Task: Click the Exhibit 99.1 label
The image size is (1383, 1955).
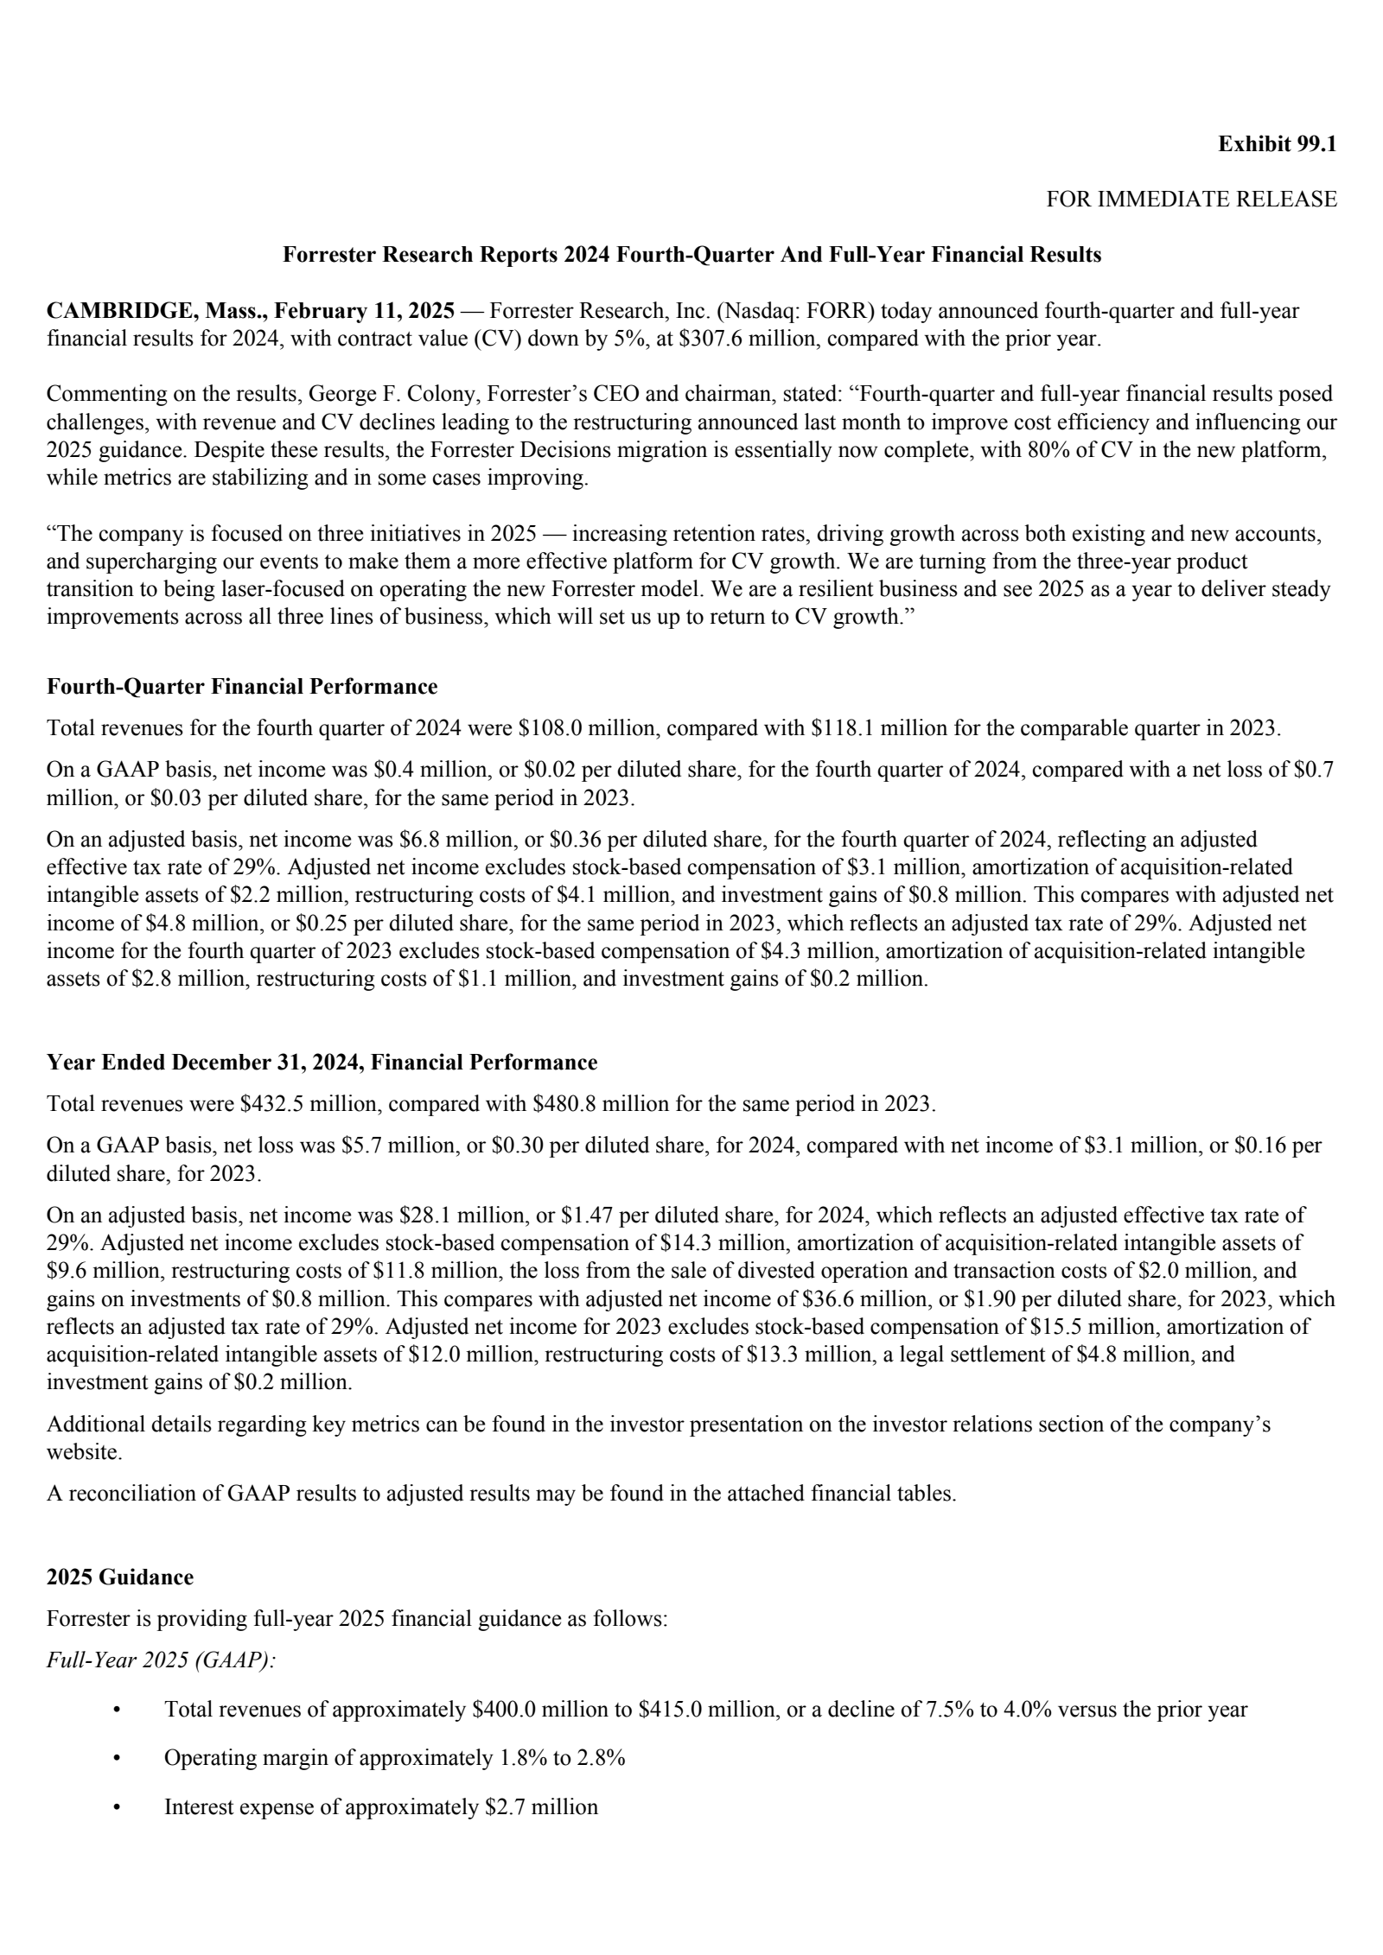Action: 1277,144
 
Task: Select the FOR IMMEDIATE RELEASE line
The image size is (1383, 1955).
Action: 1191,200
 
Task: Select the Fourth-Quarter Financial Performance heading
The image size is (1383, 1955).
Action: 242,687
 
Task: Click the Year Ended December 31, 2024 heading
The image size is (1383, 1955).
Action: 322,1063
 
